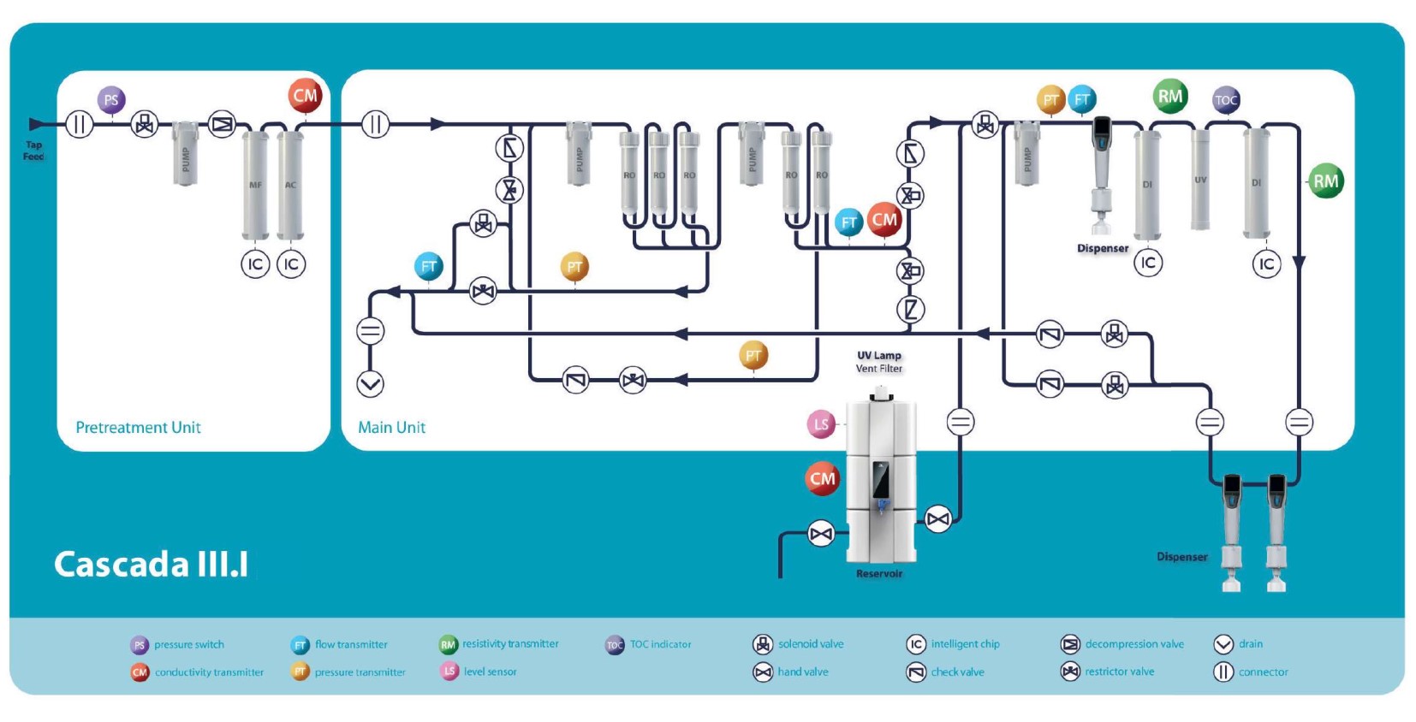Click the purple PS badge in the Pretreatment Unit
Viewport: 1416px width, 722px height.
(x=111, y=100)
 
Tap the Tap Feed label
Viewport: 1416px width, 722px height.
(x=33, y=151)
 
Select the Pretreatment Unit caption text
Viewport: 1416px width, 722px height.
(x=138, y=427)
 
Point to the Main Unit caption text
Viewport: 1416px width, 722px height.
(x=391, y=427)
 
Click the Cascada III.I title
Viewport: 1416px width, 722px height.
(x=152, y=565)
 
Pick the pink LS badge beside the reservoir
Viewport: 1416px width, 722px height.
(x=821, y=423)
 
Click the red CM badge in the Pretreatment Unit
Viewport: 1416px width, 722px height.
(x=305, y=96)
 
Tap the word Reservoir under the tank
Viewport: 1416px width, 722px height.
(x=879, y=574)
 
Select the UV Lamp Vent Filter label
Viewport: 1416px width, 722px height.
(x=879, y=362)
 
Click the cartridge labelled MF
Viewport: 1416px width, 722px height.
(x=255, y=184)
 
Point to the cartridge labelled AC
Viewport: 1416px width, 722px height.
(x=291, y=184)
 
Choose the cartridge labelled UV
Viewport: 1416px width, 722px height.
(x=1200, y=180)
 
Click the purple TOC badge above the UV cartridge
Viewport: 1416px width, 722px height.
(x=1226, y=100)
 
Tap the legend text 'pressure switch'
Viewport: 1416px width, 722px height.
(x=189, y=645)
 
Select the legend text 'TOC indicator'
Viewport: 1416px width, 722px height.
(x=660, y=644)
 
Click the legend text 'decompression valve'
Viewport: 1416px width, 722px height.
(x=1134, y=644)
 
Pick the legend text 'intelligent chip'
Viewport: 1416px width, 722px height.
(x=965, y=644)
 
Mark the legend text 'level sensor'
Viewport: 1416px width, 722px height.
(x=490, y=672)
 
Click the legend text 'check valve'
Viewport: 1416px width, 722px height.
(x=957, y=672)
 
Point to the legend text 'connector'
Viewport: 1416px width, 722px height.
(x=1263, y=672)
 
